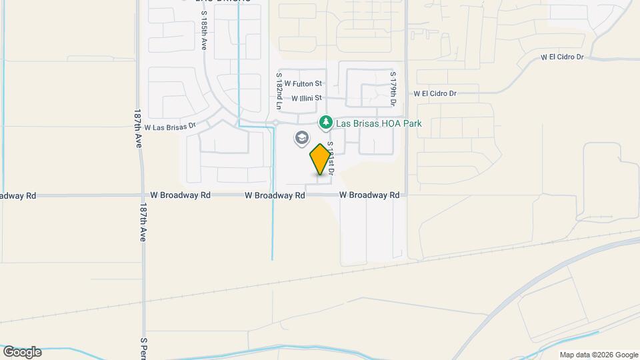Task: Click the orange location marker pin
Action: [321, 159]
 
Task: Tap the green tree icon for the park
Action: [325, 123]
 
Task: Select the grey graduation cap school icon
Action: [301, 138]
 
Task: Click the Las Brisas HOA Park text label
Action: [379, 123]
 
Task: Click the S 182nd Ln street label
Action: [279, 91]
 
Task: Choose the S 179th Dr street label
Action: [393, 88]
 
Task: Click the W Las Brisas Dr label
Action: [169, 127]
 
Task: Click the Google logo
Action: [22, 352]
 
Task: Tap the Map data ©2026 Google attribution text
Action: [599, 355]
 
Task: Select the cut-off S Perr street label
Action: [143, 348]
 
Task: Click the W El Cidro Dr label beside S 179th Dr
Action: [435, 94]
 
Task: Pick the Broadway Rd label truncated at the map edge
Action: [18, 196]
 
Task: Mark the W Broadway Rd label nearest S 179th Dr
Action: [369, 195]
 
